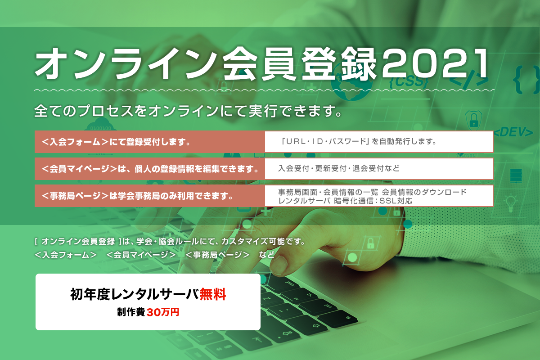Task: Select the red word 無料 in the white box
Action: pos(213,294)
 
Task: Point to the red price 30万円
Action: pos(163,312)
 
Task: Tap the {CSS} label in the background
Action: pos(409,81)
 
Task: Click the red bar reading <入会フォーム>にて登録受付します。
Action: pos(150,142)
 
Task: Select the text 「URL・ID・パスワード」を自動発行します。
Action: pos(359,141)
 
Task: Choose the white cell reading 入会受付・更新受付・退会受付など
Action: pos(379,169)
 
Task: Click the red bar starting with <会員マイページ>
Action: pos(150,169)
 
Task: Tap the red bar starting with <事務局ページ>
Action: pos(150,196)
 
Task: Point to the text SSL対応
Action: pos(396,201)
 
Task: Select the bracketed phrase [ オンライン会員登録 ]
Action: pos(78,241)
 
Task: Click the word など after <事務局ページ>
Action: pos(266,255)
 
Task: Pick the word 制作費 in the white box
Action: pos(131,312)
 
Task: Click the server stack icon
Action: pos(516,175)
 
